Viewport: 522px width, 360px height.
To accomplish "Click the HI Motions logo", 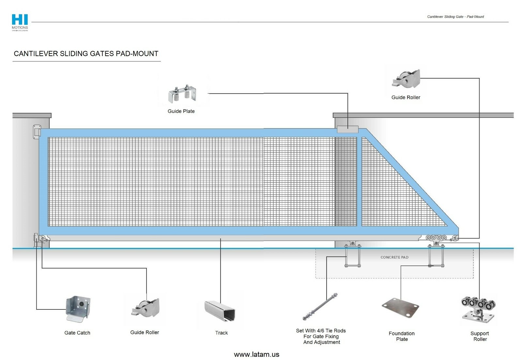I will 20,22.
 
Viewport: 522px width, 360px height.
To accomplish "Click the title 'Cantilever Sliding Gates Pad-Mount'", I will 86,54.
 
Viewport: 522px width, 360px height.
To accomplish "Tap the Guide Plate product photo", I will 183,94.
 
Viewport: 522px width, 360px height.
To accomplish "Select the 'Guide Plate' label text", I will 181,111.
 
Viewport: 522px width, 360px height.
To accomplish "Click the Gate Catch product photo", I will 78,308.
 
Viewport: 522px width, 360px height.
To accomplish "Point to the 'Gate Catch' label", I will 77,333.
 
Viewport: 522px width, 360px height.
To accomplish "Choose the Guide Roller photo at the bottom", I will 146,308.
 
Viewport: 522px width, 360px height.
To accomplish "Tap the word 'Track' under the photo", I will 222,333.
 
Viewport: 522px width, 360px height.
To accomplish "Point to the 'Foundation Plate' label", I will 402,336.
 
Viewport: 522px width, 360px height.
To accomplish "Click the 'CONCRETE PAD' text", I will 394,257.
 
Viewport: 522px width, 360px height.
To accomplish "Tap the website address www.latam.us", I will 256,354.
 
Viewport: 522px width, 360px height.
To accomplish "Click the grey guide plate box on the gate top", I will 347,129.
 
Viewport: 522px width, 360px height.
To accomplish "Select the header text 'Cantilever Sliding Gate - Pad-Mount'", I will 455,17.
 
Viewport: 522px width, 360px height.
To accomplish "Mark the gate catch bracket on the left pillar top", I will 37,132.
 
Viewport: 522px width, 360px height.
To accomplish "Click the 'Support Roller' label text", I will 480,336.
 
